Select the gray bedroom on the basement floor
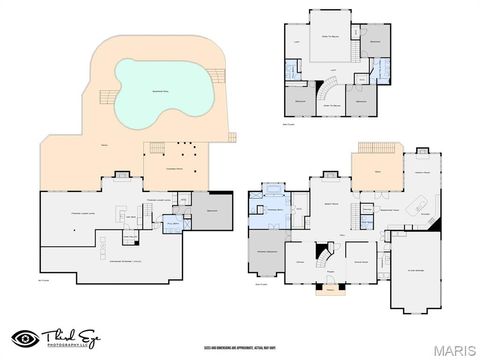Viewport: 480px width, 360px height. tap(213, 212)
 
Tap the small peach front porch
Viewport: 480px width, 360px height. tap(327, 291)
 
